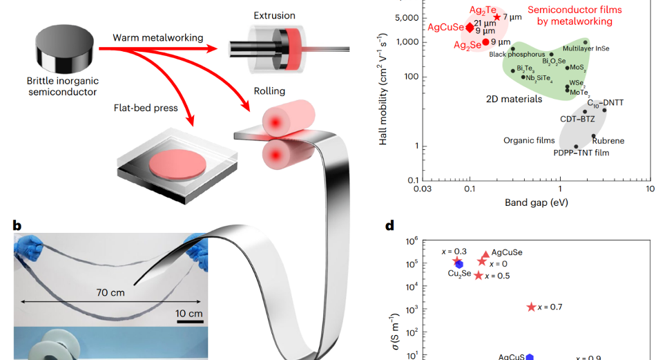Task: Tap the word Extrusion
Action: pos(274,16)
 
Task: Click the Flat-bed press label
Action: pos(146,108)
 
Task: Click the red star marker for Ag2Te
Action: pos(497,17)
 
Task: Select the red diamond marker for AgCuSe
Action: pos(470,28)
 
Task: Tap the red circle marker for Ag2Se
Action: pos(485,42)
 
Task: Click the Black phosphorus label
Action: pos(513,54)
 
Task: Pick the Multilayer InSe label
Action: pos(586,49)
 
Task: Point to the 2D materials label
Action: pos(514,98)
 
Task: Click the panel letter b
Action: pos(17,225)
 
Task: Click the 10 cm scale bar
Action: pos(188,321)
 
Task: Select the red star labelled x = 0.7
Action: pos(531,307)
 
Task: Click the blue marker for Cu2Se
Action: pos(459,265)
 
